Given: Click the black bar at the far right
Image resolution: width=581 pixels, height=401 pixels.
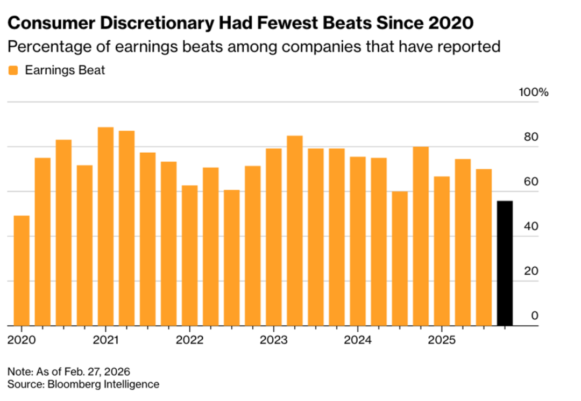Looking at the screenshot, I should (505, 263).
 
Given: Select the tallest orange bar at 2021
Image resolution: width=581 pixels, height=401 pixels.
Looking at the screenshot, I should (105, 226).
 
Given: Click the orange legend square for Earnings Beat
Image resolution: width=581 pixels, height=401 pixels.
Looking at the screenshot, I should (13, 70).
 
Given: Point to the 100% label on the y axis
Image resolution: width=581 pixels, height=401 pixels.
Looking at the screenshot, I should (533, 92).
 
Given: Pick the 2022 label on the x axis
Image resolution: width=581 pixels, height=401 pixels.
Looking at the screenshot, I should (189, 340).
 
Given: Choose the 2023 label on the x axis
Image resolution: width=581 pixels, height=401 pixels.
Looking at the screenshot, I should (273, 340).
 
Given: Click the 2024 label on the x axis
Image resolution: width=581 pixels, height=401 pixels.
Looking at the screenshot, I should (357, 340).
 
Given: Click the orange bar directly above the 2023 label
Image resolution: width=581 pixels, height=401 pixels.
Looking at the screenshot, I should (273, 237).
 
